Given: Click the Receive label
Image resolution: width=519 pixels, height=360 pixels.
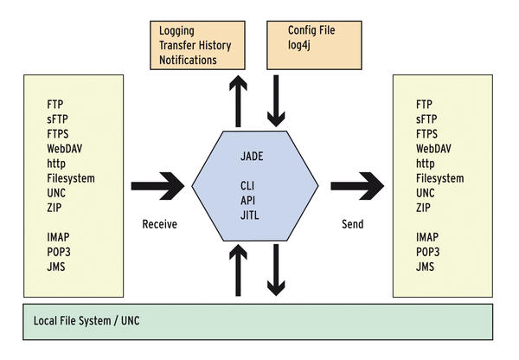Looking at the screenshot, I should tap(159, 224).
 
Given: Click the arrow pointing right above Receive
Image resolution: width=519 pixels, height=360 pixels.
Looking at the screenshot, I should tap(157, 185).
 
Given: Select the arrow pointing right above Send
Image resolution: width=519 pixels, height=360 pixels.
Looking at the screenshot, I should tap(356, 185).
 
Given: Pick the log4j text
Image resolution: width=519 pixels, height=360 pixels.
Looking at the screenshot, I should tap(302, 45).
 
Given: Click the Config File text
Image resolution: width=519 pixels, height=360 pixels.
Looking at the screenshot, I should tap(311, 30).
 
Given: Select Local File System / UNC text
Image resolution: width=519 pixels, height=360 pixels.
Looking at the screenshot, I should tap(86, 322).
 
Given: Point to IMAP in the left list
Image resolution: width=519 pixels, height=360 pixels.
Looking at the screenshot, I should tap(61, 237).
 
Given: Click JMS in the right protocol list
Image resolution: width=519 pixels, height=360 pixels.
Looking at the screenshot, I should tap(426, 267).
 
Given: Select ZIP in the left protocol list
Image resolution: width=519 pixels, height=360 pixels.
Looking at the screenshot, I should tap(56, 208).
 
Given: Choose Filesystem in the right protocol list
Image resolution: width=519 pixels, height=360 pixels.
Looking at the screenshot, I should tap(440, 178).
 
